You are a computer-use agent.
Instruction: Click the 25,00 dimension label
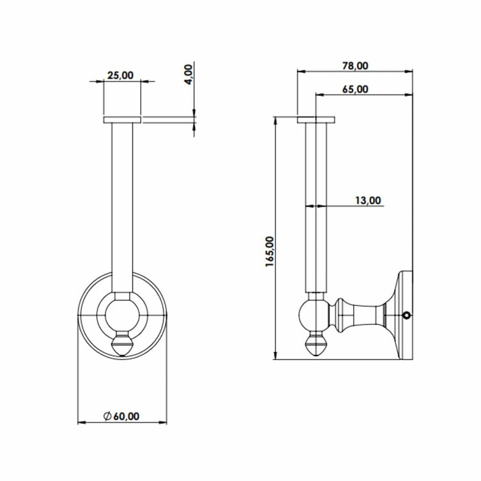pyautogui.click(x=120, y=75)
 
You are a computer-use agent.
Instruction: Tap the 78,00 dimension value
pyautogui.click(x=355, y=65)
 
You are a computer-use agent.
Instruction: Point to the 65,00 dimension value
pyautogui.click(x=355, y=89)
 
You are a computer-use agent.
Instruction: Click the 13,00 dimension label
pyautogui.click(x=368, y=200)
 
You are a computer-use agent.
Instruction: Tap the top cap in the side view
pyautogui.click(x=315, y=120)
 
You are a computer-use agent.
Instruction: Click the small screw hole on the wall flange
pyautogui.click(x=406, y=315)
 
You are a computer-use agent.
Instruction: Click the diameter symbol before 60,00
pyautogui.click(x=107, y=416)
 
